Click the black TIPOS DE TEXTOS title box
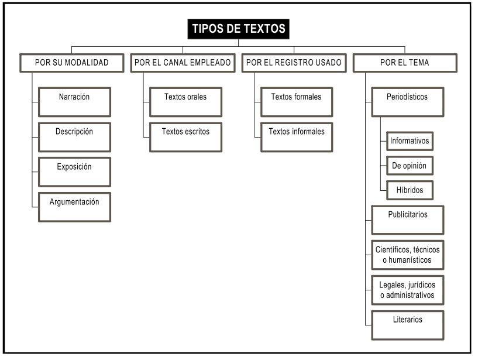pyautogui.click(x=238, y=29)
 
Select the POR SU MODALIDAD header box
pyautogui.click(x=72, y=63)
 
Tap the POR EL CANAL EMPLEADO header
pyautogui.click(x=182, y=63)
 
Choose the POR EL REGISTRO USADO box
pyautogui.click(x=294, y=63)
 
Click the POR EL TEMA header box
pyautogui.click(x=405, y=63)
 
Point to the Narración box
pyautogui.click(x=74, y=102)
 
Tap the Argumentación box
pyautogui.click(x=74, y=207)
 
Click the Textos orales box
pyautogui.click(x=185, y=102)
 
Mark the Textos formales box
pyautogui.click(x=297, y=102)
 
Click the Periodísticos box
pyautogui.click(x=408, y=102)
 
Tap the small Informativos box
pyautogui.click(x=410, y=141)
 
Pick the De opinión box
pyautogui.click(x=410, y=166)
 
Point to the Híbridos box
pyautogui.click(x=410, y=190)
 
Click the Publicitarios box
pyautogui.click(x=408, y=220)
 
